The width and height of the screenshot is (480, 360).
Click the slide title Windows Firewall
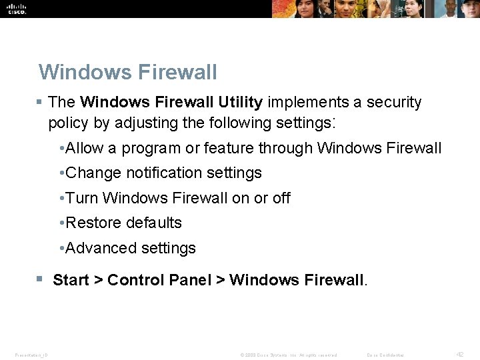click(x=128, y=71)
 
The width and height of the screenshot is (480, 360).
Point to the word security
click(x=393, y=102)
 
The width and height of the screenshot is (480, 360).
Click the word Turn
click(x=82, y=198)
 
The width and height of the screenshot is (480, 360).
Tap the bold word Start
click(x=71, y=280)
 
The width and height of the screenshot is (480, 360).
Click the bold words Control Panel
click(x=159, y=280)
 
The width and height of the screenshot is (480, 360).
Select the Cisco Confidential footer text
click(x=385, y=355)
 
